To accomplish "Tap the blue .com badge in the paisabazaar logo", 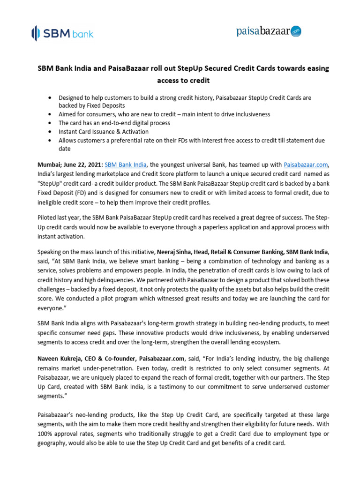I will pyautogui.click(x=296, y=31).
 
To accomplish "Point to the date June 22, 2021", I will pyautogui.click(x=82, y=165).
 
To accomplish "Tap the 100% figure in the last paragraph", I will pyautogui.click(x=45, y=433).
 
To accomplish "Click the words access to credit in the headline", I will pyautogui.click(x=183, y=80).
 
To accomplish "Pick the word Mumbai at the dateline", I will pyautogui.click(x=49, y=165).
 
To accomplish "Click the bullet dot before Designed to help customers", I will pyautogui.click(x=50, y=97).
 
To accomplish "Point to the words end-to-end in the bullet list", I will pyautogui.click(x=111, y=123).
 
